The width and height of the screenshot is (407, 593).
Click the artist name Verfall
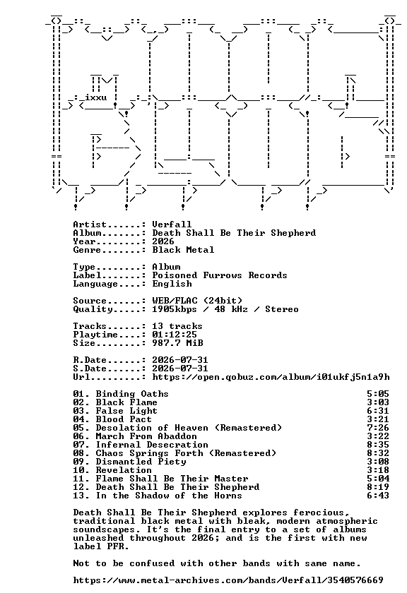(172, 224)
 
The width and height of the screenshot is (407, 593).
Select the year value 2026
(163, 241)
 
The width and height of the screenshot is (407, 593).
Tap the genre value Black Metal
(183, 250)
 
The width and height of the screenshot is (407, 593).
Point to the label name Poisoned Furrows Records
(220, 275)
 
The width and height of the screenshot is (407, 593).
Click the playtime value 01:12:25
(175, 335)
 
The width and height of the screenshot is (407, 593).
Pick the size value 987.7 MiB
(177, 342)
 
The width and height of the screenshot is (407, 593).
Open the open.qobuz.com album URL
(271, 377)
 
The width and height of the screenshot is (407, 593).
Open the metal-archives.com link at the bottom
(228, 580)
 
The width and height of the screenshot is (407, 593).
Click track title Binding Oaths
(132, 394)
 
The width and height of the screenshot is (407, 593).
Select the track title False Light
(126, 411)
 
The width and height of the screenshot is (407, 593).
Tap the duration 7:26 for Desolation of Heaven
(378, 428)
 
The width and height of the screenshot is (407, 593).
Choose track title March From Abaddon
(146, 436)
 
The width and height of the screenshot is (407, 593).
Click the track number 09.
(78, 462)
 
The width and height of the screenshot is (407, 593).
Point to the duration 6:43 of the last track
(378, 496)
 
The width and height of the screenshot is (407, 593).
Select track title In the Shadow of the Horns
(169, 496)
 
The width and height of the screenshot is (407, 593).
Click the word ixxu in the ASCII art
(96, 97)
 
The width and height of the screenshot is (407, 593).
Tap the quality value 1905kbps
(175, 309)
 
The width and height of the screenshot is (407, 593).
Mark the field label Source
(90, 301)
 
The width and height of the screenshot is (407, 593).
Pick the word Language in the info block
(95, 284)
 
